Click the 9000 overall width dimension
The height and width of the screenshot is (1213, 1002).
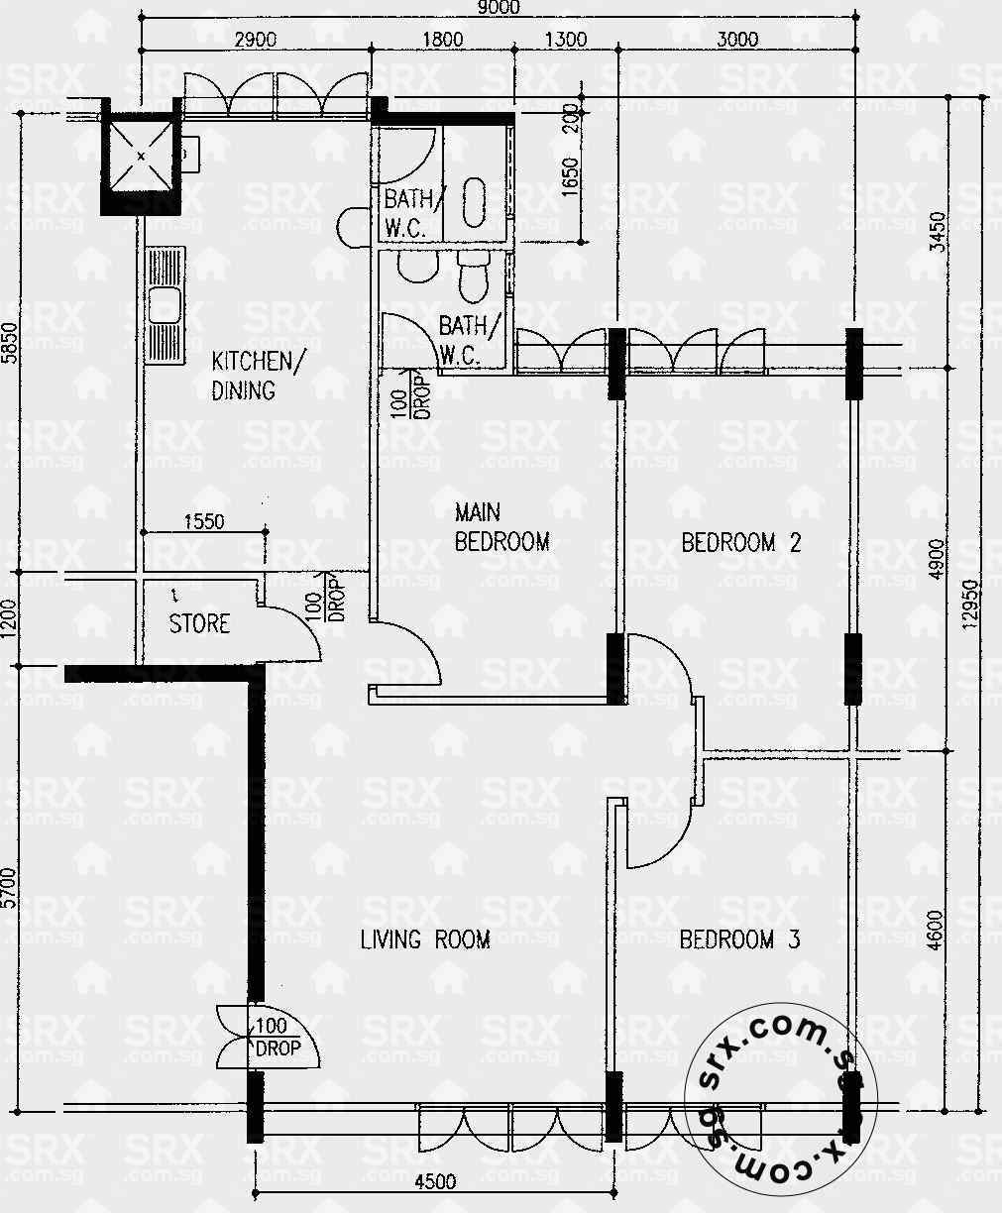pos(499,8)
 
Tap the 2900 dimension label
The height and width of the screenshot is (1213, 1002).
pos(255,40)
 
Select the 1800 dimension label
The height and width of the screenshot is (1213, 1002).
pos(443,40)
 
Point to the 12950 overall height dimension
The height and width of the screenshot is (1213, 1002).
pos(969,605)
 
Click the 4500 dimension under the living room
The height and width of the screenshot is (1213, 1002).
pos(436,1181)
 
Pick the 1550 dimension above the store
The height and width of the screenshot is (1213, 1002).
pos(204,521)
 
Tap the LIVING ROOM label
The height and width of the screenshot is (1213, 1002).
pos(425,939)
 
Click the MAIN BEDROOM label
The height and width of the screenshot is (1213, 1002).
pos(501,527)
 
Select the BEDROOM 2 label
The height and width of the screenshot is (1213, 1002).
pos(741,543)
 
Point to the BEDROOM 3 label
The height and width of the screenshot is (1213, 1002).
pos(740,939)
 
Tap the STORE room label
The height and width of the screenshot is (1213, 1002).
pos(199,623)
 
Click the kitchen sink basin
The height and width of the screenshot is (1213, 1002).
pos(165,305)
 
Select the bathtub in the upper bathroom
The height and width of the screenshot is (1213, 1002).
pos(474,202)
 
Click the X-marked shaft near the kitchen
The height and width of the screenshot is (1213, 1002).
pos(141,156)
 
